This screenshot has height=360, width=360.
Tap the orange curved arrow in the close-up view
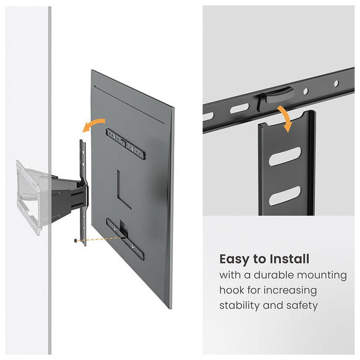coord(285,117)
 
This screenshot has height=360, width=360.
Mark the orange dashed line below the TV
coord(100,239)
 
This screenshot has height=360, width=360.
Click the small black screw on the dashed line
coord(75,240)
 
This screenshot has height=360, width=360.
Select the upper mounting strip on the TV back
coord(125,144)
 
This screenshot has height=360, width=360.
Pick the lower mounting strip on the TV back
coord(125,239)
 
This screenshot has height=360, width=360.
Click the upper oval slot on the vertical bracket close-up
coord(285,156)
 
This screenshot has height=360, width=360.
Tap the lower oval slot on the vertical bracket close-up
coord(285,195)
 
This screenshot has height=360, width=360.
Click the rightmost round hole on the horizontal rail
coord(336,83)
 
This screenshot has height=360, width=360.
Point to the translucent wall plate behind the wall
coord(29,197)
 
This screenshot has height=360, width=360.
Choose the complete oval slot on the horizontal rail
coord(239,108)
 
